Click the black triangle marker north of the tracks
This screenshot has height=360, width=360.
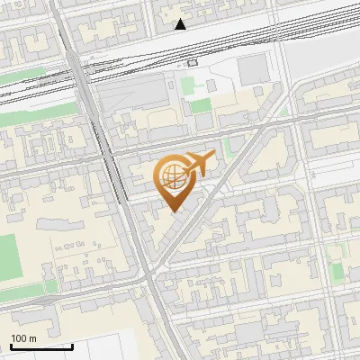tap(182, 24)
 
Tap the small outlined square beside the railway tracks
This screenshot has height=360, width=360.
tap(192, 63)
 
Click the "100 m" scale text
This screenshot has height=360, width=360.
tap(24, 338)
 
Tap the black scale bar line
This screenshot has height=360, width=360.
tap(41, 346)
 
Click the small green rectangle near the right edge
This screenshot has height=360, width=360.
tap(337, 271)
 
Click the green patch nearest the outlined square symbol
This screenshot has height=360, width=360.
tap(189, 85)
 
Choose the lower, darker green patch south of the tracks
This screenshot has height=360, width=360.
tap(201, 105)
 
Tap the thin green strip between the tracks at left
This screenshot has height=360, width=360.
tap(27, 77)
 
